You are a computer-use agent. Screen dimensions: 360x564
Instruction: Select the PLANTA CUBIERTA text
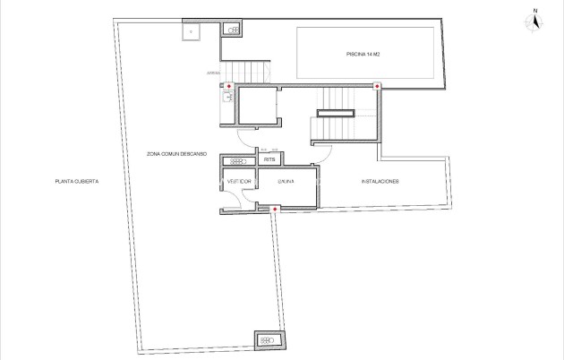point(76,182)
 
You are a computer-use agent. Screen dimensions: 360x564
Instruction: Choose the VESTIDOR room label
point(239,182)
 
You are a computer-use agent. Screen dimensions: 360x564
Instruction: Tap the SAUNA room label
point(286,182)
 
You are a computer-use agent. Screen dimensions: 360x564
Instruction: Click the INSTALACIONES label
point(380,182)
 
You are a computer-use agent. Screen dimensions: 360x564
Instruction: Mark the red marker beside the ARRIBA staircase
point(228,86)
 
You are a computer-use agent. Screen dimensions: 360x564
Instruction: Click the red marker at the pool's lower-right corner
point(377,86)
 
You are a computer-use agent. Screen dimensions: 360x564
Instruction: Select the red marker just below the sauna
point(274,210)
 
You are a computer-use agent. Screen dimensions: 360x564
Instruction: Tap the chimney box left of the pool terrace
point(233,30)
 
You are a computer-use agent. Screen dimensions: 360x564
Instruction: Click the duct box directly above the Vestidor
point(237,160)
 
